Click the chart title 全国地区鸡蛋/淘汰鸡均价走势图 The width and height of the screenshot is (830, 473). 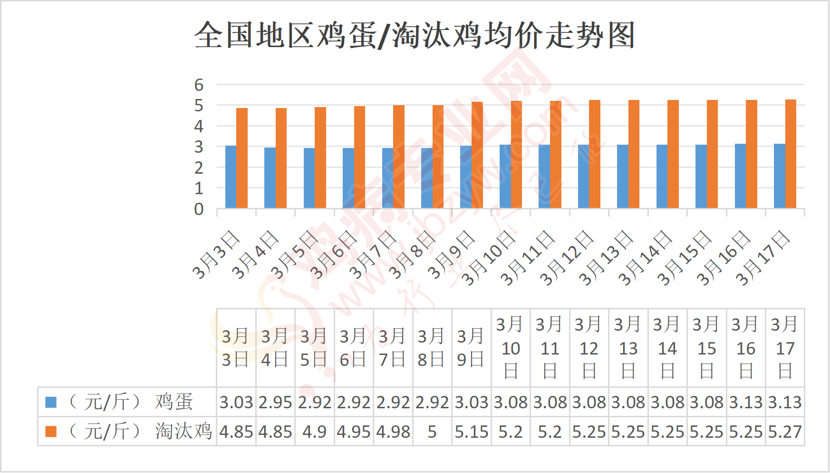415,35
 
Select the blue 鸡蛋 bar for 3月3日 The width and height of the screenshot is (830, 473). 231,177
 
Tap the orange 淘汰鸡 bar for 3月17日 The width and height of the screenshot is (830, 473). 791,154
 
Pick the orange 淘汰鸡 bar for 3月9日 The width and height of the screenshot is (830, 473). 477,155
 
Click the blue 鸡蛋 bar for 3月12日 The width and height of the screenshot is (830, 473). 583,177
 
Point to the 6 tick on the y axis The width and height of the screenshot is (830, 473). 199,85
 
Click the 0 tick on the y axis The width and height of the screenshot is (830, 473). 199,209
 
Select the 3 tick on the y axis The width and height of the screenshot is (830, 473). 199,147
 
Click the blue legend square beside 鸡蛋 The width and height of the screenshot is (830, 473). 51,402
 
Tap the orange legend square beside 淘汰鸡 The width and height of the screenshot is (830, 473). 51,432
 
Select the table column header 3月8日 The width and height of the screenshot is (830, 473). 432,348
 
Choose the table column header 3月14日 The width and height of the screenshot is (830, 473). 667,348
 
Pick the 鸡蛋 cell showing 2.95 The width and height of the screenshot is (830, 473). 275,403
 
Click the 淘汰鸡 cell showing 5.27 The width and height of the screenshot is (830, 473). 785,432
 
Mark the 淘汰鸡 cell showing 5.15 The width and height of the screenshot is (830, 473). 471,432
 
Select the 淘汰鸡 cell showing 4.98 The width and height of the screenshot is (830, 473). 393,432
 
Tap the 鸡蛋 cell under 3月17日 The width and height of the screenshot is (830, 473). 785,403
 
